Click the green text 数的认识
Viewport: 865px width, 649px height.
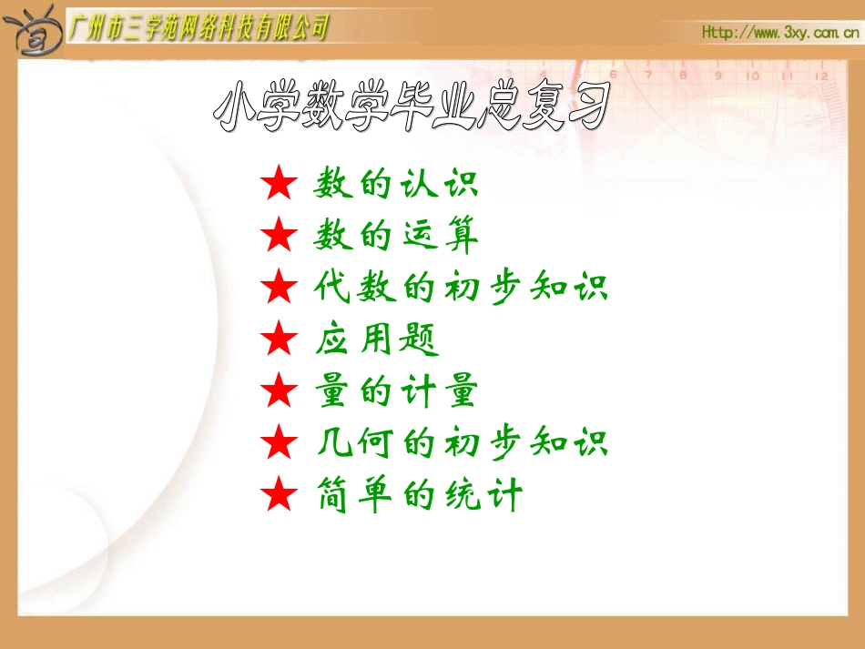pos(396,185)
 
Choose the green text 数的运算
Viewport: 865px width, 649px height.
pos(396,237)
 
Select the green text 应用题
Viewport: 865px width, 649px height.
pos(376,340)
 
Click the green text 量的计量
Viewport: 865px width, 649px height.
pos(396,392)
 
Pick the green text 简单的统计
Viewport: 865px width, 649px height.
pos(418,496)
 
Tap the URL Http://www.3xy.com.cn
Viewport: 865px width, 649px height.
pos(780,33)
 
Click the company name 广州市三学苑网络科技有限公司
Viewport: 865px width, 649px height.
pos(198,27)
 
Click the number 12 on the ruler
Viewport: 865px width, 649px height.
pos(821,76)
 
